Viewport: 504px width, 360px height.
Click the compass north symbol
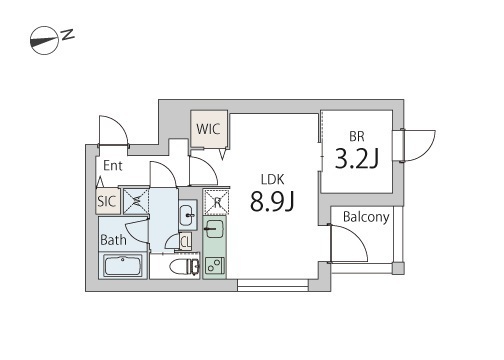point(52,40)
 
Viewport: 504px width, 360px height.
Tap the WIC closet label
point(208,129)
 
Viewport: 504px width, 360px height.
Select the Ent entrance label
point(113,166)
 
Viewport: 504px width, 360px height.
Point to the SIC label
point(107,201)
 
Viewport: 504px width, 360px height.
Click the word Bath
point(113,240)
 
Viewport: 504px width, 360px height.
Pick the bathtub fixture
point(123,266)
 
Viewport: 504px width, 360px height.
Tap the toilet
point(184,267)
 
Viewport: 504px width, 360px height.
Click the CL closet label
point(186,241)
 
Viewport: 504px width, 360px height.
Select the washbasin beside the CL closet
point(188,215)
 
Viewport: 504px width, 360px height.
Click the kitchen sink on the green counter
point(214,228)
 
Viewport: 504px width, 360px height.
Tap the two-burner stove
point(214,265)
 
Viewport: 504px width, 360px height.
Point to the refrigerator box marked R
point(217,202)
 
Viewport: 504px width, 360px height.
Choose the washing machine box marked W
point(136,201)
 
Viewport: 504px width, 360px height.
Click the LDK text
point(272,180)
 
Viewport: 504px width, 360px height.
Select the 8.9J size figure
point(272,202)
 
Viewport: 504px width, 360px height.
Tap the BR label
point(357,137)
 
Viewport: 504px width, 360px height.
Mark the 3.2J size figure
point(357,158)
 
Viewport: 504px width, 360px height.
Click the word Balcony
point(366,217)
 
